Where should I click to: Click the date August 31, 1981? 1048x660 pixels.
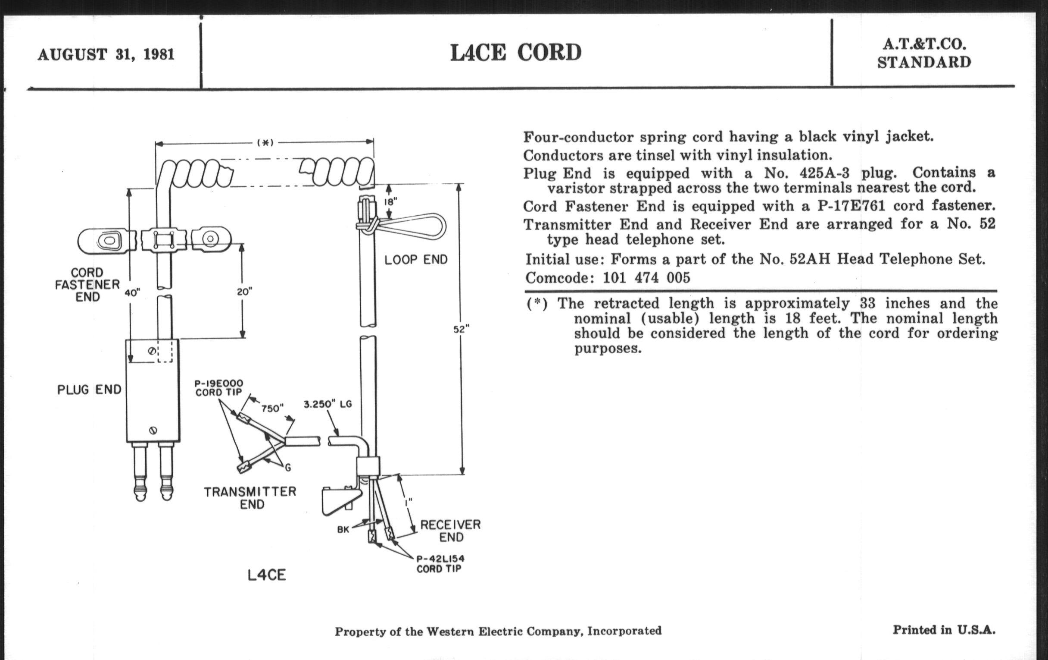[106, 54]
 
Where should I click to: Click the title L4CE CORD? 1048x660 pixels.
[515, 53]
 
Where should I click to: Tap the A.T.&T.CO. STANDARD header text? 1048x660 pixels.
[924, 53]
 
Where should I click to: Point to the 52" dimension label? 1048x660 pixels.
[461, 330]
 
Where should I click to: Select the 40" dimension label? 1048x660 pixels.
[132, 293]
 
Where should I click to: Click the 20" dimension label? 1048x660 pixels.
[244, 292]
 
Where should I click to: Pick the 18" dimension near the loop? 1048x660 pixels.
[390, 202]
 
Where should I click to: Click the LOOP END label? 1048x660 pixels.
[416, 260]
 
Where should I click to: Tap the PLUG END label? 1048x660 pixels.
[89, 390]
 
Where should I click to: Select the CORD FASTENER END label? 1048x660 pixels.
[87, 284]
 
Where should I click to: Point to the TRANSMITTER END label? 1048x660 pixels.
[250, 498]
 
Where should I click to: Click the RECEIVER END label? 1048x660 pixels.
[450, 531]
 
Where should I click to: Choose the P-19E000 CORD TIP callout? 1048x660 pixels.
[218, 388]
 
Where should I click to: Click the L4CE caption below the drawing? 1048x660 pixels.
[266, 575]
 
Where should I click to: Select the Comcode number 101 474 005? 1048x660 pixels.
[646, 277]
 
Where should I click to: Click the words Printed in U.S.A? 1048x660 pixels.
[944, 630]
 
